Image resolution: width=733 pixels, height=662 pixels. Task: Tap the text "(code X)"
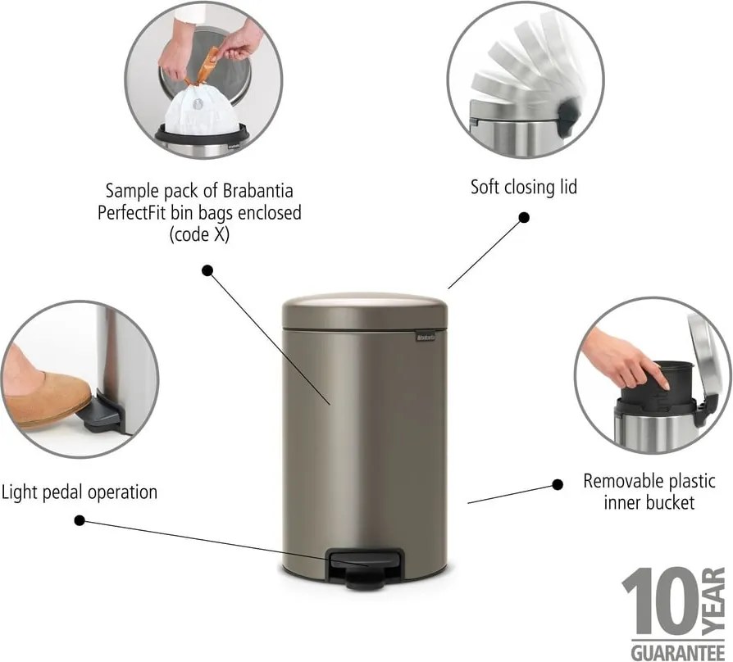(x=200, y=234)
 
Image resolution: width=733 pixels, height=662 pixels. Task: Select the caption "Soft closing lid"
(x=523, y=187)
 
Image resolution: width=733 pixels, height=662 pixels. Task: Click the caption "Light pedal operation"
(x=79, y=492)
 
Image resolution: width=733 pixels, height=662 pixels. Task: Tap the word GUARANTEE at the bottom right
(x=672, y=651)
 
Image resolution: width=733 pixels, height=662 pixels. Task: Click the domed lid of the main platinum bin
(x=365, y=309)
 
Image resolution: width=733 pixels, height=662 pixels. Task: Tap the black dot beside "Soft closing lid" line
(x=524, y=218)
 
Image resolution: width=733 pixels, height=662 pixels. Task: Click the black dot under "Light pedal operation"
(x=80, y=519)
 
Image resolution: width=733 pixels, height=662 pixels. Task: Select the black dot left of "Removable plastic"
(x=558, y=484)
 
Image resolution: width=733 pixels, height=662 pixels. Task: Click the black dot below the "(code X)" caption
(x=207, y=270)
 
